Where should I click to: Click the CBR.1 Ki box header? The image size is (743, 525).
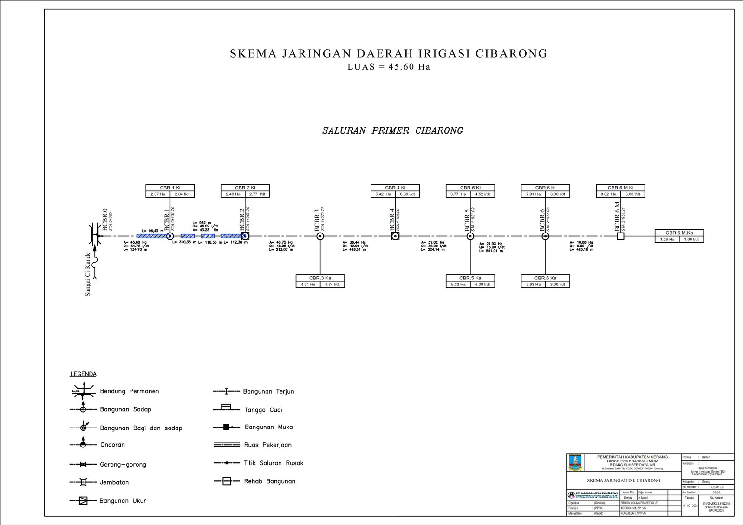coord(170,188)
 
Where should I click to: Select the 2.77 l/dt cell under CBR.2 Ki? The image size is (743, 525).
coord(257,194)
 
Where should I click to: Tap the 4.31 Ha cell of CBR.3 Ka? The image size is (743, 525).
coord(308,284)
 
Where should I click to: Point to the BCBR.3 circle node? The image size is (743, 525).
coord(320,236)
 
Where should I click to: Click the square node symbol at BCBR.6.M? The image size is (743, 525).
coord(620,236)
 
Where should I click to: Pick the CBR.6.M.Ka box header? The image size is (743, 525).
coord(679,233)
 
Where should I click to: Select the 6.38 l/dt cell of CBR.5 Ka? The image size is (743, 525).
coord(482,284)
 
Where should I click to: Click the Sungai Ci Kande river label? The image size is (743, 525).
coord(88,274)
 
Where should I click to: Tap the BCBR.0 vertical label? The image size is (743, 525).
coord(105,219)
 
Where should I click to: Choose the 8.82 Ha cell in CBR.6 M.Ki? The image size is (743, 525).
coord(608,194)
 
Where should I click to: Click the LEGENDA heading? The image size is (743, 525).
coord(84,374)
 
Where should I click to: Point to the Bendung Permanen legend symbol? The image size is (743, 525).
coord(83,391)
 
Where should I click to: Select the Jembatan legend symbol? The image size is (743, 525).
coord(83,482)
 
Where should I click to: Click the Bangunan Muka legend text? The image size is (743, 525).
coord(268,427)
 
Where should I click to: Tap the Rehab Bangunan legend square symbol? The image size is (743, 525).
coord(227,481)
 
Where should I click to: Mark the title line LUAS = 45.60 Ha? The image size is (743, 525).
coord(389,67)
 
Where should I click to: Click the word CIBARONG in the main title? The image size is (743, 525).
coord(511,54)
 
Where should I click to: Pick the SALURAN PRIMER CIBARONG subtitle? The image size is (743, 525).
coord(392,130)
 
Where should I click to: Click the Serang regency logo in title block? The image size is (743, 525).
coord(575,462)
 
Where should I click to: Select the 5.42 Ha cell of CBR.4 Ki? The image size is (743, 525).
coord(383,194)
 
